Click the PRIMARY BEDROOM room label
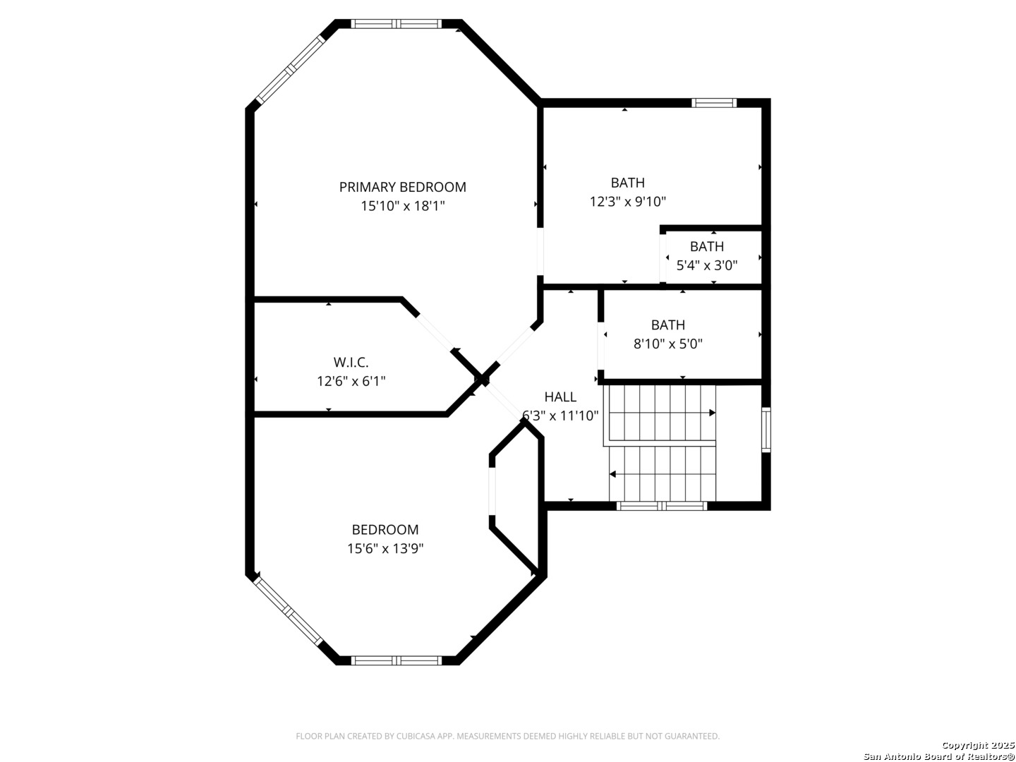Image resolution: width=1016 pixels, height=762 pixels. (x=402, y=187)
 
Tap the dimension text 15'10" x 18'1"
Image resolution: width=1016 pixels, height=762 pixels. (x=403, y=206)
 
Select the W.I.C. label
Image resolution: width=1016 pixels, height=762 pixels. (x=351, y=362)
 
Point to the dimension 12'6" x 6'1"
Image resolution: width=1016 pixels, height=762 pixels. (x=351, y=381)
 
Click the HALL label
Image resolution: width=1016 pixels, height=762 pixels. (x=560, y=397)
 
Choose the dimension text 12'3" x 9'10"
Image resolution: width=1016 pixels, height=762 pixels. (x=628, y=202)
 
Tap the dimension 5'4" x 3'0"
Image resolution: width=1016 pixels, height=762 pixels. (x=707, y=265)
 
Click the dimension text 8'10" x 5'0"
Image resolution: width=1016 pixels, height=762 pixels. (x=668, y=344)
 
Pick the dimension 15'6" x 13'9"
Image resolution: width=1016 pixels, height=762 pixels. (x=385, y=549)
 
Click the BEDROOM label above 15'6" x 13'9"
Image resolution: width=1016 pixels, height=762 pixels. (x=385, y=530)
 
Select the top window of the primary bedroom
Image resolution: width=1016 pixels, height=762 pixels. (x=397, y=24)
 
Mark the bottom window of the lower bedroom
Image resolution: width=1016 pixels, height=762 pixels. (x=397, y=660)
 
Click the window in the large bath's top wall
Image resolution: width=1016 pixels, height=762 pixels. (x=714, y=103)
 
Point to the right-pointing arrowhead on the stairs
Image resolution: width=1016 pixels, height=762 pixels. (x=713, y=413)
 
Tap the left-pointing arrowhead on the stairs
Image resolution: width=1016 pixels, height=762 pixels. (x=613, y=474)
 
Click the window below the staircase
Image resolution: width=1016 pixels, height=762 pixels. (x=662, y=506)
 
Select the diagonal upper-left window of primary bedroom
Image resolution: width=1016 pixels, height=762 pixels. (x=291, y=69)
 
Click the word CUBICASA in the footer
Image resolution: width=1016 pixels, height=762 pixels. (x=414, y=736)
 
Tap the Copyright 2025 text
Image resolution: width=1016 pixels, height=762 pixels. (x=978, y=745)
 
